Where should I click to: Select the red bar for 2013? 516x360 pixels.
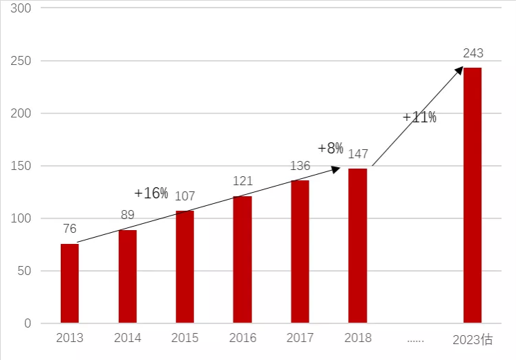click(x=70, y=283)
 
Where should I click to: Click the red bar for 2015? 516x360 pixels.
click(x=184, y=267)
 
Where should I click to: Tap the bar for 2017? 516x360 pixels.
click(x=300, y=252)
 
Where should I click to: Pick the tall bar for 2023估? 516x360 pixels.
click(x=472, y=195)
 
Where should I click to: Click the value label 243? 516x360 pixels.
click(x=473, y=53)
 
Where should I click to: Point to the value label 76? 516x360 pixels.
click(x=70, y=229)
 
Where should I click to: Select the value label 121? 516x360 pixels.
click(x=242, y=181)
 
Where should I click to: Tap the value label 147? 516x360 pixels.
click(x=358, y=153)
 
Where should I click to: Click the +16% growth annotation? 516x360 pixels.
click(x=151, y=193)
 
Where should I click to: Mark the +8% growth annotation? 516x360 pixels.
click(x=330, y=148)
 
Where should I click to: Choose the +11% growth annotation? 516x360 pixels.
click(x=419, y=117)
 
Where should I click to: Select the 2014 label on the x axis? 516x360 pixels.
click(x=127, y=338)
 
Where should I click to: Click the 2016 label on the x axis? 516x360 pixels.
click(x=242, y=338)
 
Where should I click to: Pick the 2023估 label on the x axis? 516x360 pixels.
click(x=473, y=339)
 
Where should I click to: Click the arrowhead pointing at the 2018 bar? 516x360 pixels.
click(x=336, y=169)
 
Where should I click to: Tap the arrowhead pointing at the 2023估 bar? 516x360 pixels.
click(x=459, y=70)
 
